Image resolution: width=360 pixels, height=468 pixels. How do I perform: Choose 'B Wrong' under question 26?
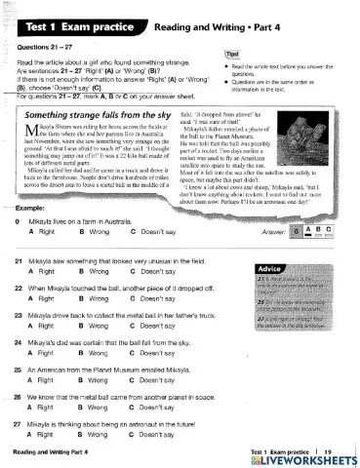[x=96, y=413]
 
